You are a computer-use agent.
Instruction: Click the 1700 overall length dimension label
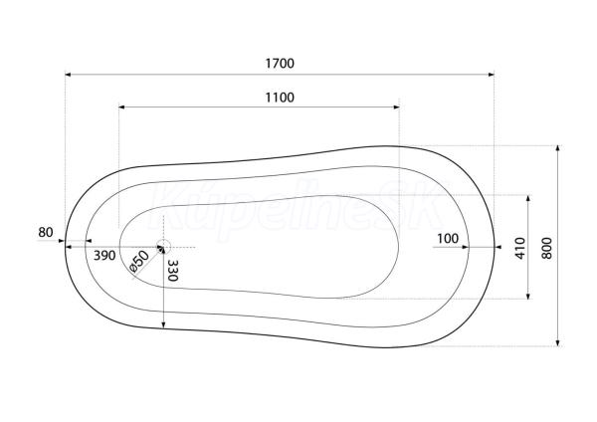280,64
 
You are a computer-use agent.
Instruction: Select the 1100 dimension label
280,98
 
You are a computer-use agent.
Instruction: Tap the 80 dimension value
46,232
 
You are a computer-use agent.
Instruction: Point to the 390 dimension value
104,256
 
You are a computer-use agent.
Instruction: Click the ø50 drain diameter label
139,261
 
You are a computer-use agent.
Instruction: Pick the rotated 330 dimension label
173,271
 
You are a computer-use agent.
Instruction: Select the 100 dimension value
448,239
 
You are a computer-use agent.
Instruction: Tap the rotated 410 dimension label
520,249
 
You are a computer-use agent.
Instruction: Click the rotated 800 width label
546,249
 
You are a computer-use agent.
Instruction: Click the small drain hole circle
164,240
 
